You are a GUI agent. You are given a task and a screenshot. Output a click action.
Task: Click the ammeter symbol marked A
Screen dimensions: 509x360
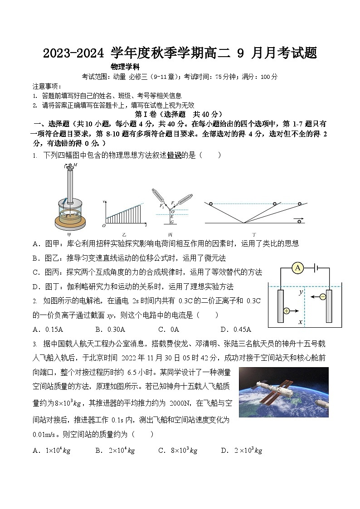coord(298,268)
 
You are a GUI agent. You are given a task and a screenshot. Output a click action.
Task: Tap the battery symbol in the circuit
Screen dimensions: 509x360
coord(316,268)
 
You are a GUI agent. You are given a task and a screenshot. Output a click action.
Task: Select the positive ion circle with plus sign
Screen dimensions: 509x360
coord(287,311)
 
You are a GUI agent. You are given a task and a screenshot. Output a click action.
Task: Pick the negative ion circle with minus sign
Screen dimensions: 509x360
coord(322,297)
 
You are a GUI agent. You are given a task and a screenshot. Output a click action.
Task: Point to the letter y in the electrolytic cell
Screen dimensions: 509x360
coord(301,292)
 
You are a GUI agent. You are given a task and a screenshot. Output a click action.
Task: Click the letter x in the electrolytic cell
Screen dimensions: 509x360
coord(301,322)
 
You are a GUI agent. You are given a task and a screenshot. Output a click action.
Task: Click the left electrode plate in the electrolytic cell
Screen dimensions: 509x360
coord(281,306)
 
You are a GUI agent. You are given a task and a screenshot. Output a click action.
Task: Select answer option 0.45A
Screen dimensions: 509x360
coord(236,330)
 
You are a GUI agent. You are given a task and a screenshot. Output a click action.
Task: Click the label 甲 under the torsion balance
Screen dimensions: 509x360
coord(69,234)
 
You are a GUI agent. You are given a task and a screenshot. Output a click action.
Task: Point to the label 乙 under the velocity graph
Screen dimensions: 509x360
coord(124,234)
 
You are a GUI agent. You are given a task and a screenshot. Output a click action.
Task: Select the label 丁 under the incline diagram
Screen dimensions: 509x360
coord(254,234)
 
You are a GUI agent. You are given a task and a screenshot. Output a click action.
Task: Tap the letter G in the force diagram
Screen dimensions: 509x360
coord(172,222)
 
